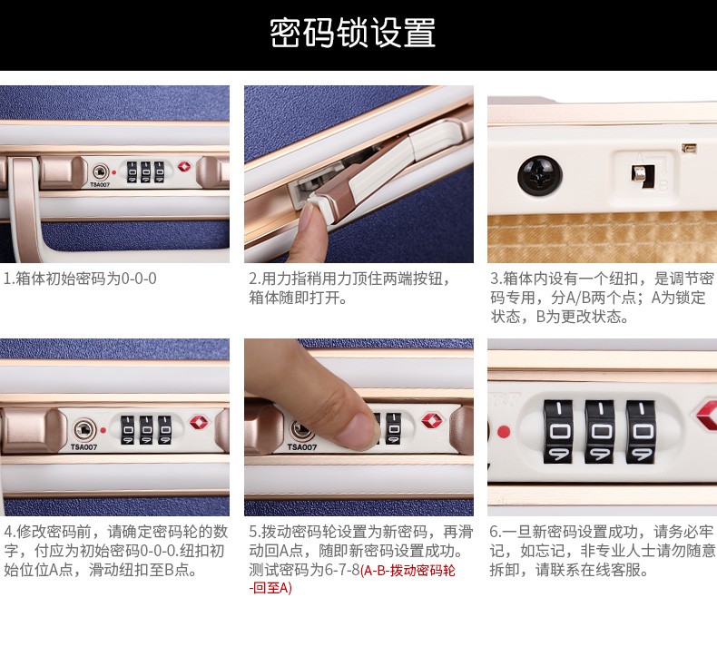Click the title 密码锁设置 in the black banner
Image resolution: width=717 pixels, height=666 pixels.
click(352, 33)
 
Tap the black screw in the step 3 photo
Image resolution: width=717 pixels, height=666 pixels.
click(540, 176)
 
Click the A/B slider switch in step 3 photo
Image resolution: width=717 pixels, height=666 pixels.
click(643, 175)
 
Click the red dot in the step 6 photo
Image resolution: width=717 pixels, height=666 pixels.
click(504, 432)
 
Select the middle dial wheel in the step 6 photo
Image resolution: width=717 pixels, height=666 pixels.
click(600, 432)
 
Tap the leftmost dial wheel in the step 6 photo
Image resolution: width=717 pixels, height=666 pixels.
click(558, 432)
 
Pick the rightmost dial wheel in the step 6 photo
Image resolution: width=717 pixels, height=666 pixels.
click(641, 432)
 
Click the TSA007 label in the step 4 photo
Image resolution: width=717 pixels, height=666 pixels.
click(83, 447)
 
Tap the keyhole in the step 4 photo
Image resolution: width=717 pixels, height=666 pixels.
click(84, 430)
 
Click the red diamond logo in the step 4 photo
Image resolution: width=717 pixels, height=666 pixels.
click(200, 422)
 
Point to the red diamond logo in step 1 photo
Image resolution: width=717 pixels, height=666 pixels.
click(184, 166)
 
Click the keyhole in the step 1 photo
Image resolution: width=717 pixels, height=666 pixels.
click(100, 172)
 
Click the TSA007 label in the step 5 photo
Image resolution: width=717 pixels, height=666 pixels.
click(302, 447)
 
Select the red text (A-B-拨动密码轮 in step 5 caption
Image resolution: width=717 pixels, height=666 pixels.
click(408, 571)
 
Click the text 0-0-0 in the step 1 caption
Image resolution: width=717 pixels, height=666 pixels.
click(139, 279)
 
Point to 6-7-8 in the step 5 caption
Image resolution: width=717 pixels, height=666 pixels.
click(342, 571)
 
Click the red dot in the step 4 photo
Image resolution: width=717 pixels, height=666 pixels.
click(103, 430)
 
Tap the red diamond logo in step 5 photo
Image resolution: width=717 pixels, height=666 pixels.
click(430, 420)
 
